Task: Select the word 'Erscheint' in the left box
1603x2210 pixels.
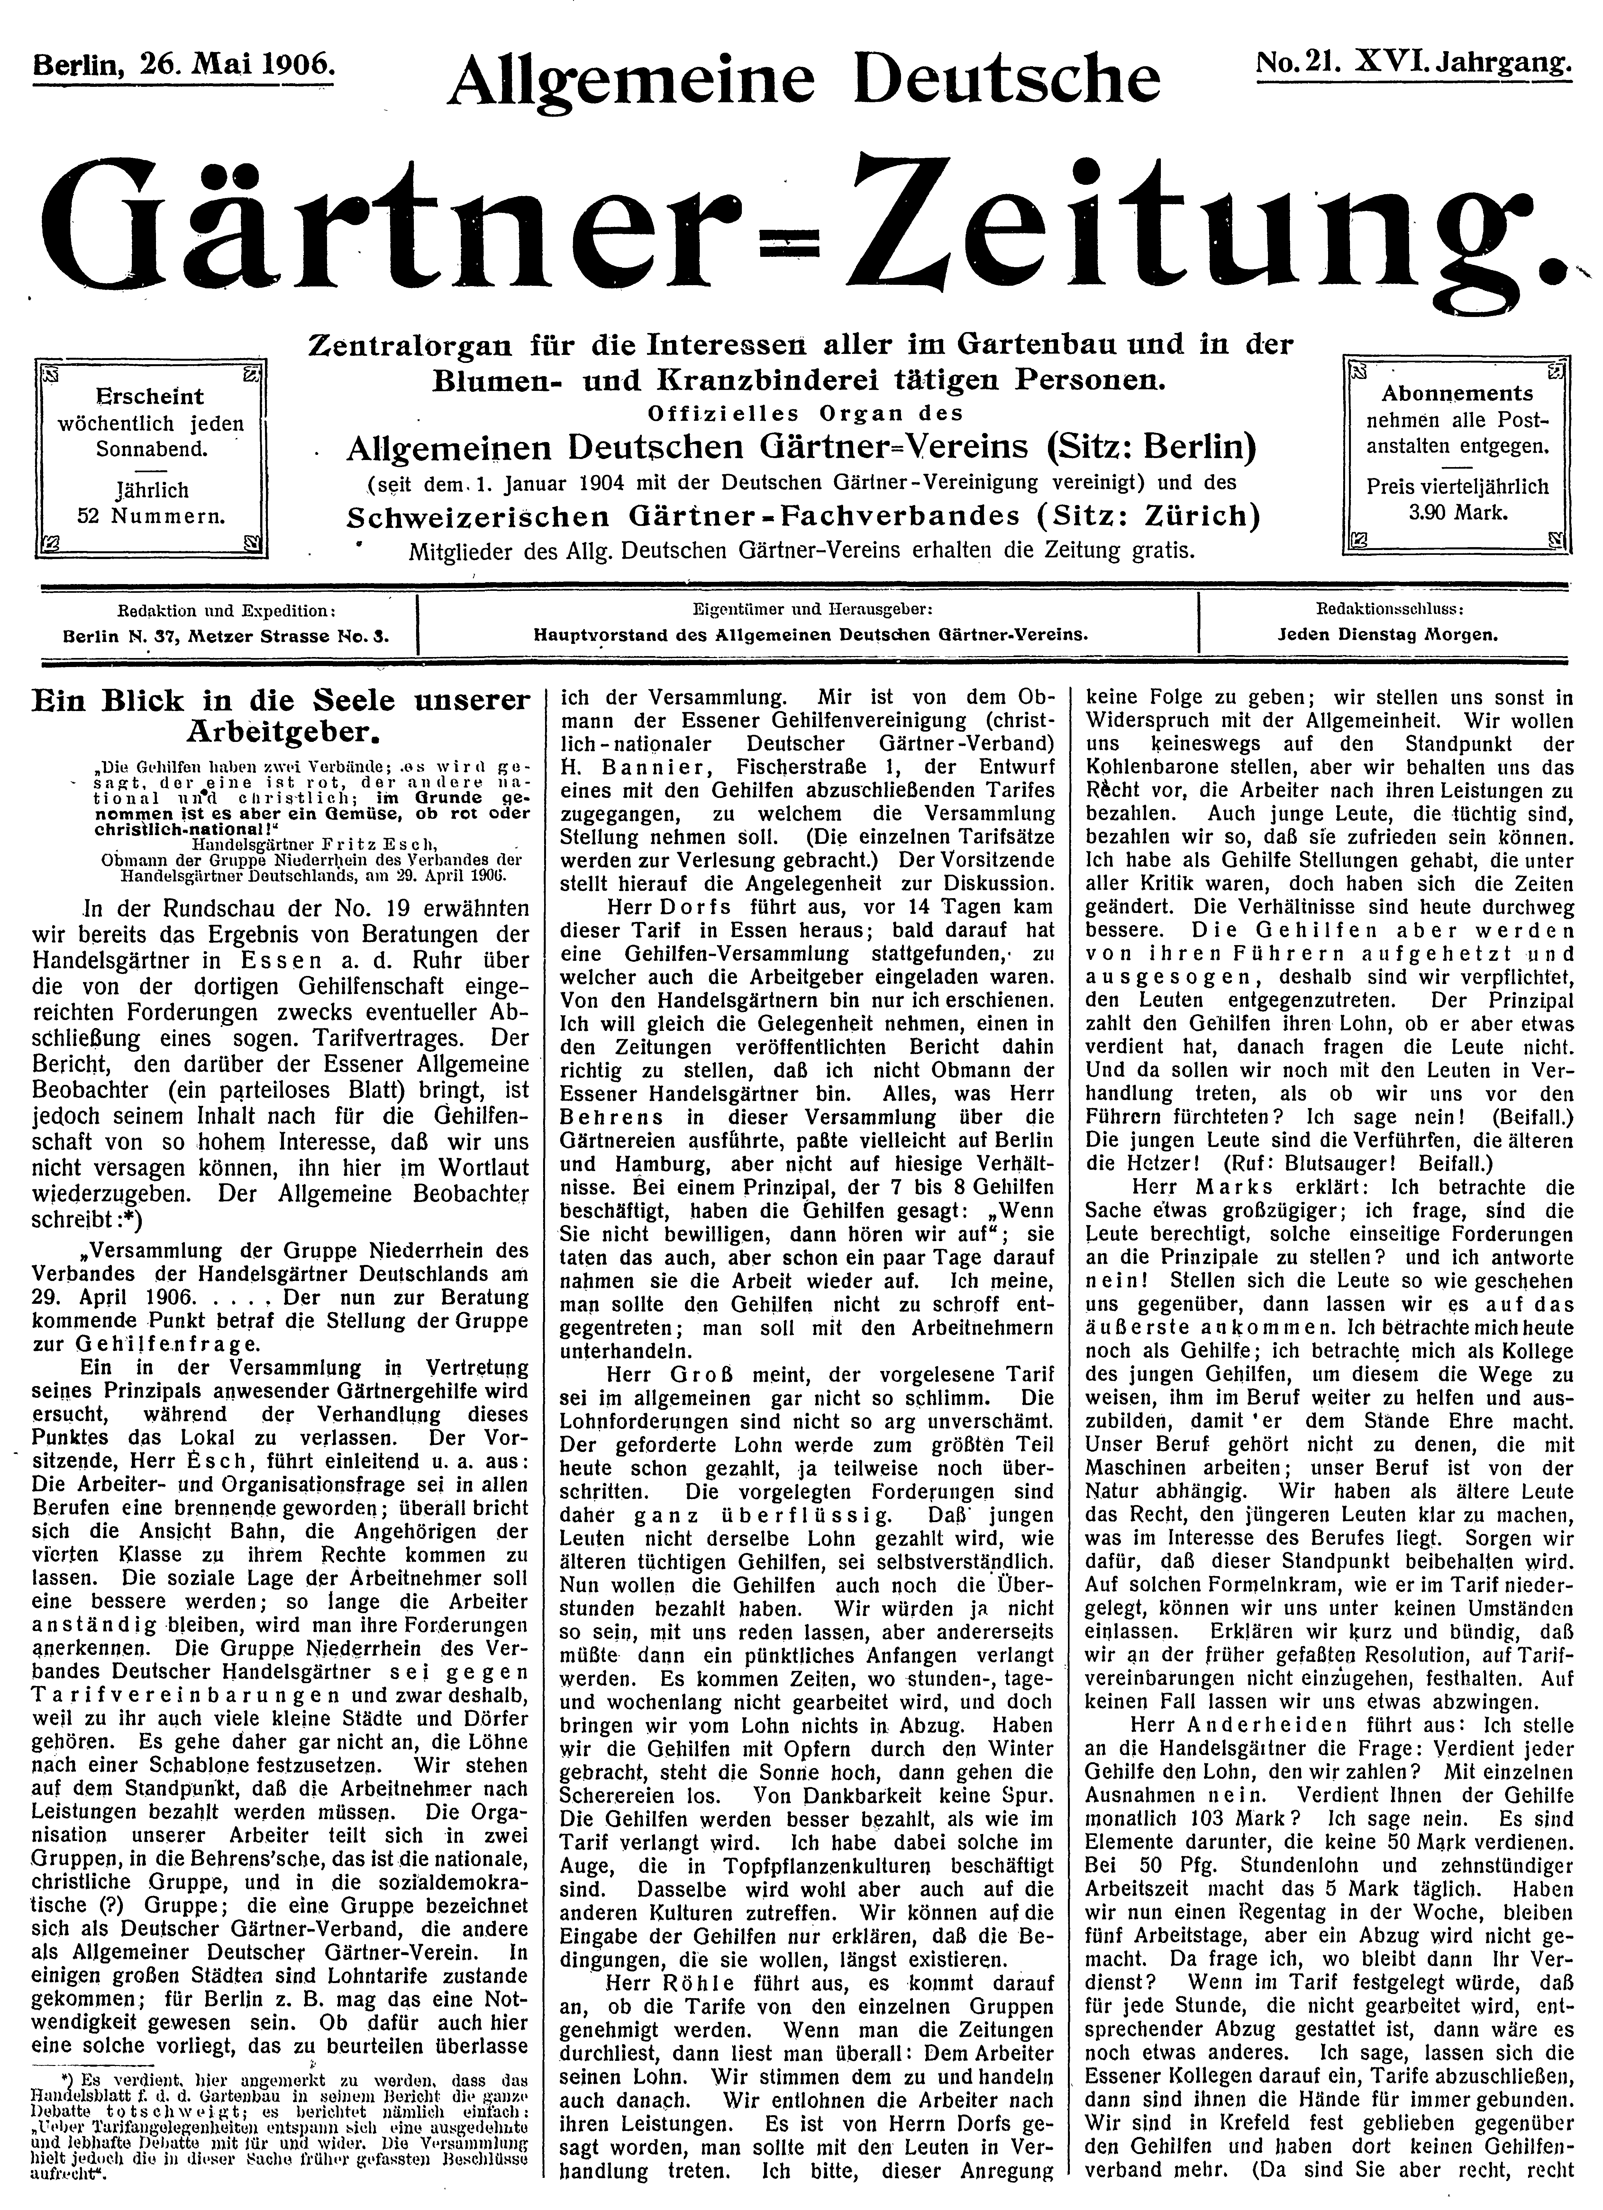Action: click(151, 397)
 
